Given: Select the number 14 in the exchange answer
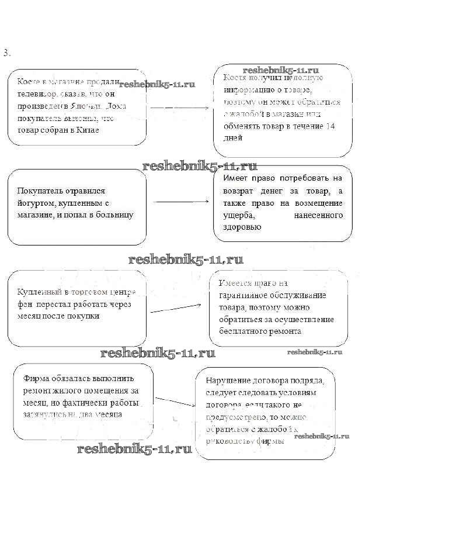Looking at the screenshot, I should click(x=330, y=126).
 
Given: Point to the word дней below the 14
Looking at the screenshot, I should click(x=232, y=138).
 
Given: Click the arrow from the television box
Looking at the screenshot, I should click(x=180, y=108).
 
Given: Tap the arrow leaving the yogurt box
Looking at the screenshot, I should click(x=181, y=202).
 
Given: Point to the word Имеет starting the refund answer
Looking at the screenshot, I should click(x=236, y=178).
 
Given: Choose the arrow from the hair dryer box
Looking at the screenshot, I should click(x=175, y=307).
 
